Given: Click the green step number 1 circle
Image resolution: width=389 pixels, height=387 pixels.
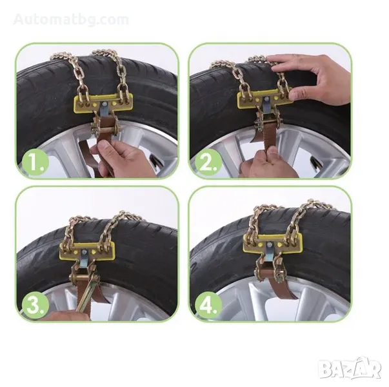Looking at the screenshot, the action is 35,163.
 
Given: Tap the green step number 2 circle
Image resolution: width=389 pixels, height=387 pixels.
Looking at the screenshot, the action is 208,163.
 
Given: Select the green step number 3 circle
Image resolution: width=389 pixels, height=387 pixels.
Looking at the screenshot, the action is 35,305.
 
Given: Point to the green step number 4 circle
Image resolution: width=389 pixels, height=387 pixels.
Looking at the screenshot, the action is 208,305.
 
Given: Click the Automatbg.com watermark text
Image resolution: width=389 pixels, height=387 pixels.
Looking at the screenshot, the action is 71,19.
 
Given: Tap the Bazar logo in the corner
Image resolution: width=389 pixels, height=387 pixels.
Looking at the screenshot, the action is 350,369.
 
